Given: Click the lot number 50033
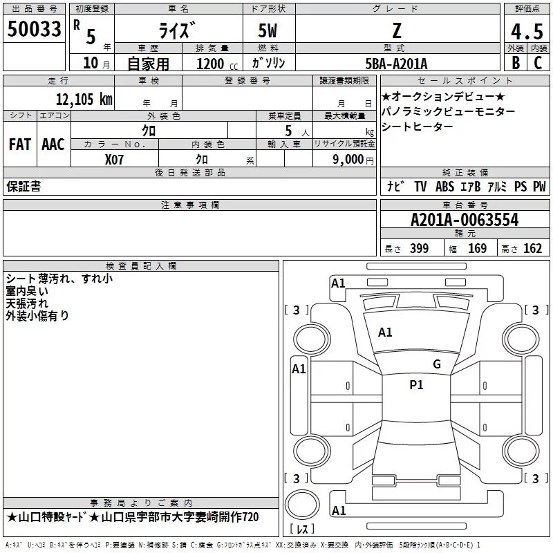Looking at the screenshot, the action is click(x=34, y=29).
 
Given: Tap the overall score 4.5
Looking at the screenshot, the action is click(x=527, y=31).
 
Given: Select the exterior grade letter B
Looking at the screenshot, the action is click(x=516, y=63).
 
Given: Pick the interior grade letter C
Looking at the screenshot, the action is click(x=538, y=63).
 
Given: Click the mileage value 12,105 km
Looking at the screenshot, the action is click(x=84, y=99).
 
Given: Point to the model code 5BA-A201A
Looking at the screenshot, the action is click(x=396, y=64).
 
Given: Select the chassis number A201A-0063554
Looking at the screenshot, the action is click(x=465, y=220).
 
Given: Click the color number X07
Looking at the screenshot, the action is click(x=114, y=160).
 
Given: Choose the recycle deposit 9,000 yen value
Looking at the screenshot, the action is click(x=353, y=160).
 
